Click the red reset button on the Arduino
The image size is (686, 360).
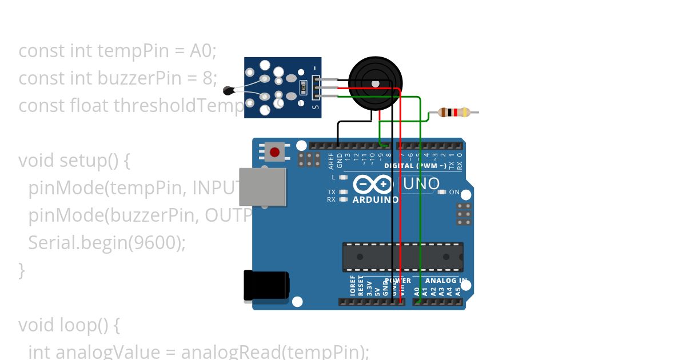click(275, 152)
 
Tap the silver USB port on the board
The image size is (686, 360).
click(262, 187)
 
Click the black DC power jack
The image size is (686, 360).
click(266, 285)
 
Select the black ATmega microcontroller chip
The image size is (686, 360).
click(402, 257)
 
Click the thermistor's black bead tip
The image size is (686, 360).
click(228, 90)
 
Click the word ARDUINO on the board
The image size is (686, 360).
click(375, 200)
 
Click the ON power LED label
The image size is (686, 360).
click(454, 193)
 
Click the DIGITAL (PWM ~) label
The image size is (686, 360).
click(416, 166)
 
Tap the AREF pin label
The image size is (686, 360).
click(331, 161)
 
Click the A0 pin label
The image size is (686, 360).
click(417, 290)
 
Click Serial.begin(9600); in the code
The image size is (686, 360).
click(107, 242)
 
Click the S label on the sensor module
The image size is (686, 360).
click(315, 106)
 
